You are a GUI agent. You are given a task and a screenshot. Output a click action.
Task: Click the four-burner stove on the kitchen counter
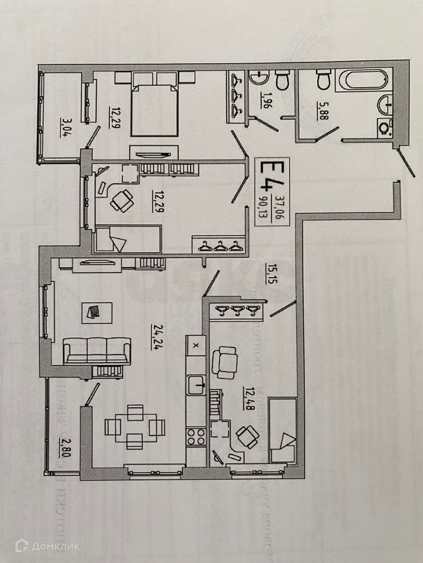[195, 437]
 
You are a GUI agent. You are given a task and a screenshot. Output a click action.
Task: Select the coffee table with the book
[97, 312]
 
